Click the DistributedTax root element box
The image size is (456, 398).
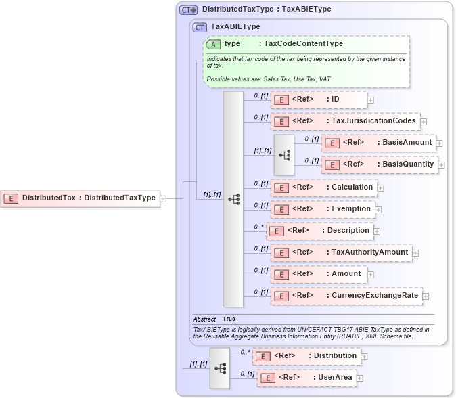(81, 198)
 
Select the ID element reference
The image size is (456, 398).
(319, 100)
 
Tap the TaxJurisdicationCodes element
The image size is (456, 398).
(345, 122)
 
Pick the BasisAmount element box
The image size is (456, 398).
(379, 143)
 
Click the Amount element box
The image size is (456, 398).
(319, 274)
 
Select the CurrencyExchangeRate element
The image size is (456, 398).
(346, 296)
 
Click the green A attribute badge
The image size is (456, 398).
(214, 44)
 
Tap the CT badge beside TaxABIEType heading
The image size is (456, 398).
(200, 27)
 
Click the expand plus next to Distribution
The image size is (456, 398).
(365, 356)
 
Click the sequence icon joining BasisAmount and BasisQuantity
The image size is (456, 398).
(284, 154)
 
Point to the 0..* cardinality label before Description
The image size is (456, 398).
(258, 227)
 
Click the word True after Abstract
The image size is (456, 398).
(229, 319)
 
